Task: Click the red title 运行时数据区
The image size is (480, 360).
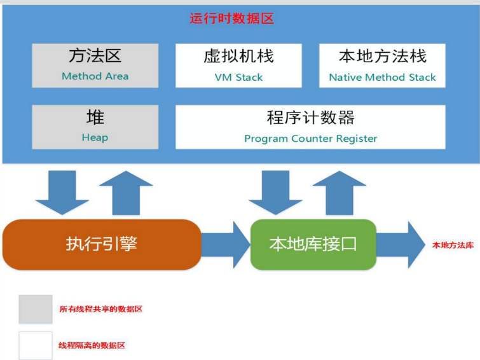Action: (x=231, y=18)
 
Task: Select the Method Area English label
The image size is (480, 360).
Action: (x=95, y=76)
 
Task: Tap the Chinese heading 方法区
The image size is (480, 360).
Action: (x=95, y=56)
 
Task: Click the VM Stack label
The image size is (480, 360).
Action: (x=238, y=77)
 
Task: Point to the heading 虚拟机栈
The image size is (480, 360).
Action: (x=238, y=57)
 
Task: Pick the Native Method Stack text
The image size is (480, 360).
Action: (x=382, y=77)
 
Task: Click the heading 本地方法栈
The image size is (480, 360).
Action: (x=382, y=57)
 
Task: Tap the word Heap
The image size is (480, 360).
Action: (x=95, y=137)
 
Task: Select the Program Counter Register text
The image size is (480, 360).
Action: (x=311, y=139)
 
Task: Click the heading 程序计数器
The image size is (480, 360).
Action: (x=311, y=118)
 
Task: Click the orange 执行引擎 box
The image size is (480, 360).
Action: (x=102, y=244)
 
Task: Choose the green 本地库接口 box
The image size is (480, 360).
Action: (x=313, y=244)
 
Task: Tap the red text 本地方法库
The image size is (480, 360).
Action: (x=453, y=245)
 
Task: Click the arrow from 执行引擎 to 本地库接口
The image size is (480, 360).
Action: (x=226, y=244)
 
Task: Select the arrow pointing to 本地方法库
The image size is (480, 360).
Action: (x=401, y=244)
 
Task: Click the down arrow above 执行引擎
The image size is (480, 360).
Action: (x=62, y=193)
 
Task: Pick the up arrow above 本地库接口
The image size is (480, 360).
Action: (x=339, y=193)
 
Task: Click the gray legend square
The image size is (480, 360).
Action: (x=36, y=309)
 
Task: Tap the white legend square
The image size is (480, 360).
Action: (x=36, y=345)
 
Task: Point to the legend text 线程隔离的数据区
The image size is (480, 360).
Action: (x=92, y=345)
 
